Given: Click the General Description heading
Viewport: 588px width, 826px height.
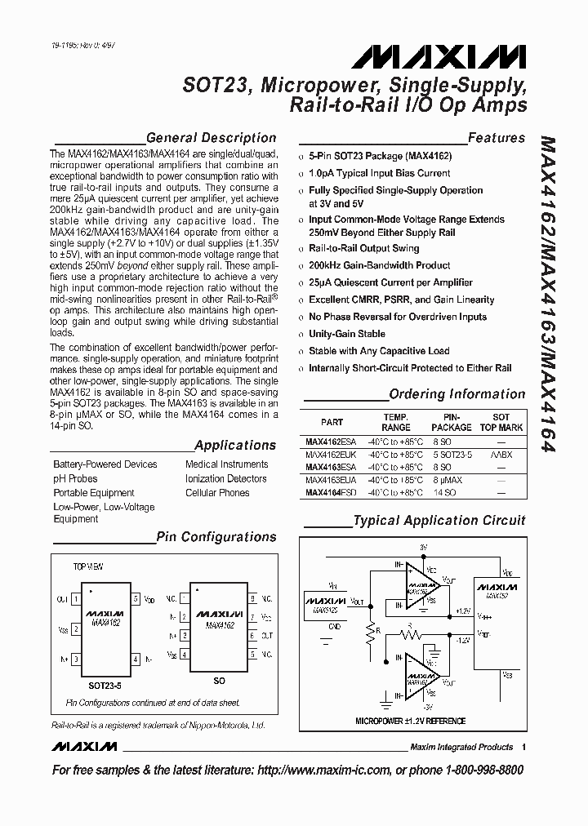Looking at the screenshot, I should coord(211,138).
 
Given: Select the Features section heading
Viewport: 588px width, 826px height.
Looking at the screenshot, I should coord(497,138).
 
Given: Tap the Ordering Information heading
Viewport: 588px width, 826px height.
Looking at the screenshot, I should coord(457,394).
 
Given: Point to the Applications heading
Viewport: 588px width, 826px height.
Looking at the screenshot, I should coord(235,445).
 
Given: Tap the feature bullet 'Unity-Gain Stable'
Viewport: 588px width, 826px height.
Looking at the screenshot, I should coord(347,334).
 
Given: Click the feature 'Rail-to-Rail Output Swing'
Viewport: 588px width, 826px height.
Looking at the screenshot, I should coord(363,248).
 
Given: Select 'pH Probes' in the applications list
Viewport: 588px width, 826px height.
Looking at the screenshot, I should coord(75,478).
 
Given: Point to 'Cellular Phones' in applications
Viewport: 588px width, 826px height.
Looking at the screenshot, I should coord(217,493).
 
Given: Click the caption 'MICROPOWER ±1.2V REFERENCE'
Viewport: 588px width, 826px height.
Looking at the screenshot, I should coord(411,722).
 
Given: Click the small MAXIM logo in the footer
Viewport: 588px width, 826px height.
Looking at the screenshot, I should coord(84,747).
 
